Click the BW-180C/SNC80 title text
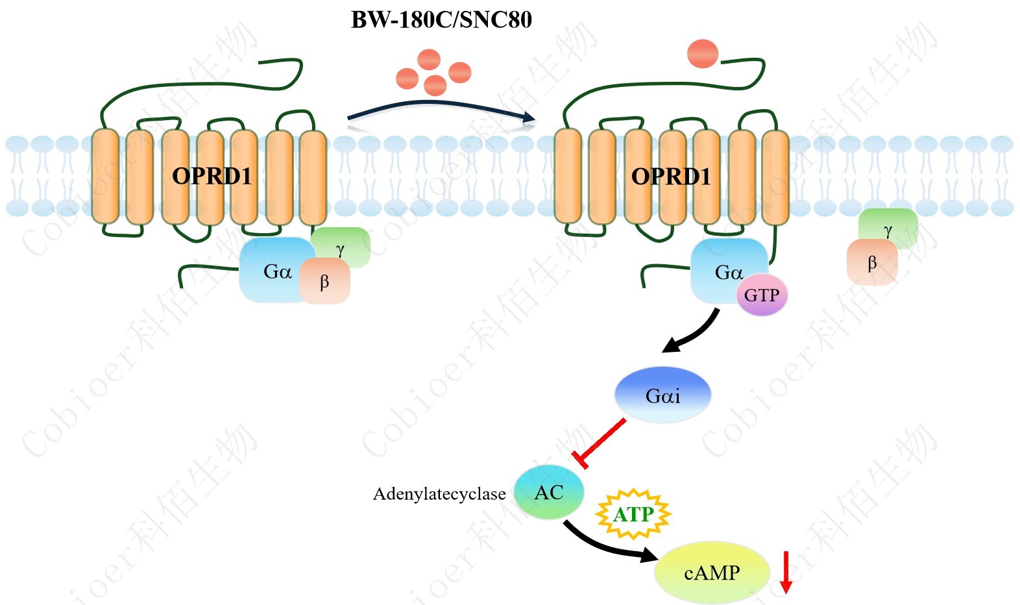441,19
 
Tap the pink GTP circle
762,295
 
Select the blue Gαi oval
662,395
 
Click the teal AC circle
549,492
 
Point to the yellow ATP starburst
633,514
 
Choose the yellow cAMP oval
712,573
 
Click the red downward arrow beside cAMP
786,571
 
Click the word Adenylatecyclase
439,494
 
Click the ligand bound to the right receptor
703,54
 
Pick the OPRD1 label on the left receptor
212,176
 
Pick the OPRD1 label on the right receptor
671,177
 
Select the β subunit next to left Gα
325,282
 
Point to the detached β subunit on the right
872,263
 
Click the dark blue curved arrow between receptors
441,107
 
